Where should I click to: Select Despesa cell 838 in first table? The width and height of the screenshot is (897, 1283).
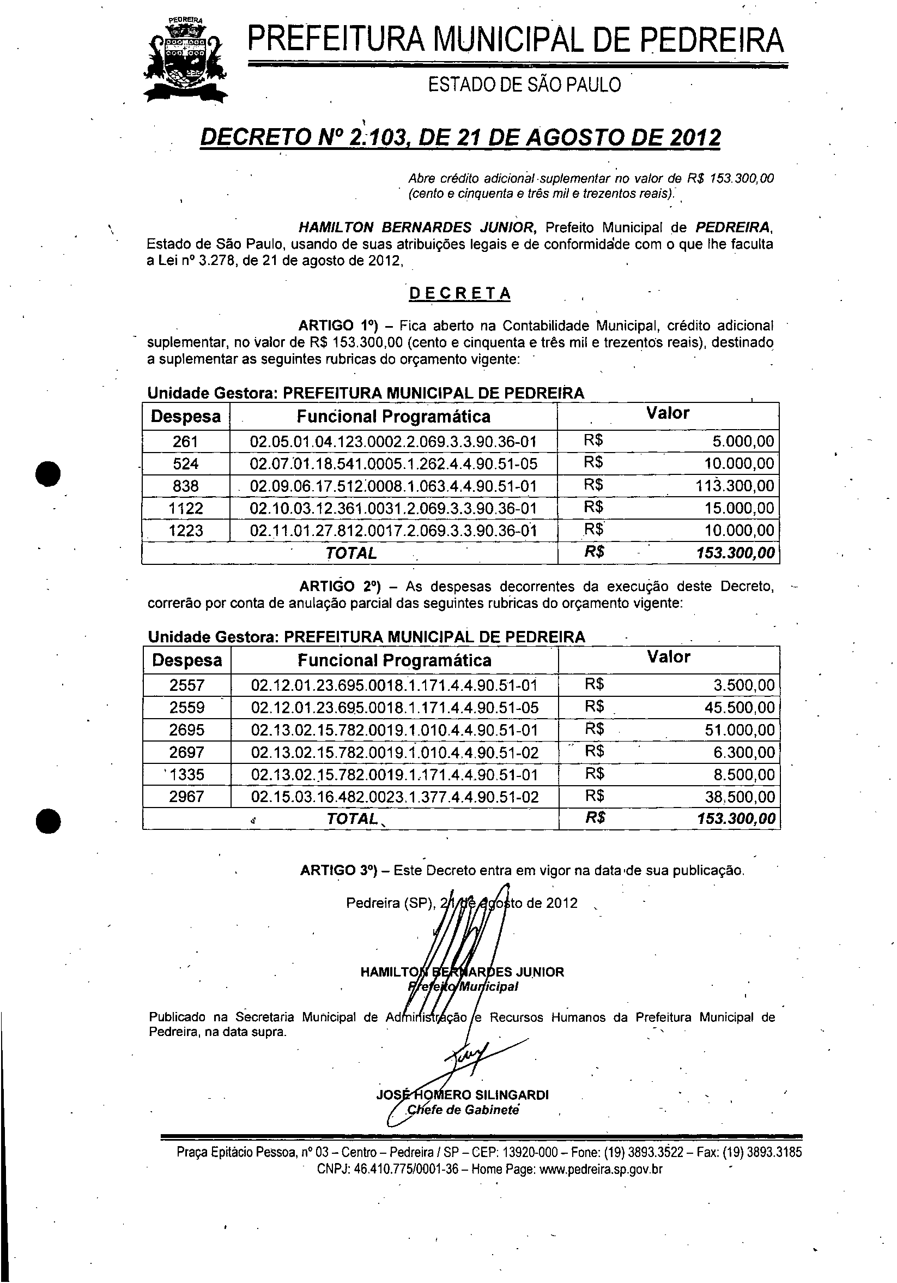(x=185, y=486)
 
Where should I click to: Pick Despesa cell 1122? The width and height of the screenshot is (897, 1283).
(x=186, y=509)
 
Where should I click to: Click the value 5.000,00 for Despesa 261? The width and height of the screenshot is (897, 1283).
(x=743, y=442)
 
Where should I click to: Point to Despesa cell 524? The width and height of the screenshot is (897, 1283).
(x=186, y=464)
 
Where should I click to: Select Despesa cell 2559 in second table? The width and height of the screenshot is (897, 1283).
(x=187, y=707)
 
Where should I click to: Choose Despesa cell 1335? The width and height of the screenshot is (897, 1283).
(x=187, y=774)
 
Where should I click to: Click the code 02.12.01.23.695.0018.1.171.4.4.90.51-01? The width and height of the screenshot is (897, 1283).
(x=395, y=685)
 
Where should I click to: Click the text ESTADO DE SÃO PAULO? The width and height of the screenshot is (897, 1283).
(x=524, y=85)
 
